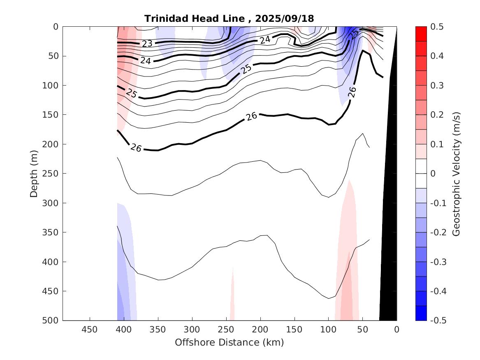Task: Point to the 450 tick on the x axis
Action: pos(90,330)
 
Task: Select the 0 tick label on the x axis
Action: pos(397,330)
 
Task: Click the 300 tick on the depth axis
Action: pos(53,203)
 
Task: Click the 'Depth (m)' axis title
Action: pos(34,174)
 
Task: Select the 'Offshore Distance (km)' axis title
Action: pos(230,342)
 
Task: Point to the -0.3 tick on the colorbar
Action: pos(439,262)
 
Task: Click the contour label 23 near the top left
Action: pos(147,44)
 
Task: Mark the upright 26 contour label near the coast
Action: pos(352,92)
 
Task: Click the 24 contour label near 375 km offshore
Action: pos(145,60)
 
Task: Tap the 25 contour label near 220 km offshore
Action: pos(246,69)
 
